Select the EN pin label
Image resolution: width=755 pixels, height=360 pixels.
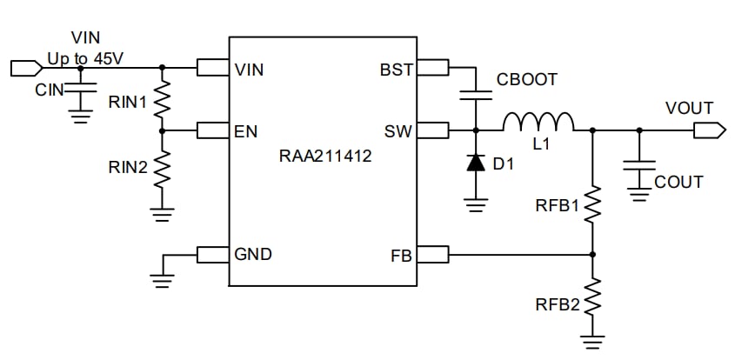(244, 132)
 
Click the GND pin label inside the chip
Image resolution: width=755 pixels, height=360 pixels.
(253, 255)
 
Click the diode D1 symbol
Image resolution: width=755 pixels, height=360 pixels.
(475, 163)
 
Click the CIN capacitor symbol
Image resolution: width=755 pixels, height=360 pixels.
(81, 88)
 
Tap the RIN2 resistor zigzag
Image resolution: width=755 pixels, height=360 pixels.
(161, 170)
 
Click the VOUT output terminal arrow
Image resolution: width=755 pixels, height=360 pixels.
(710, 131)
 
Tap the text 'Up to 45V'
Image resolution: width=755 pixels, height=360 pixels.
(84, 58)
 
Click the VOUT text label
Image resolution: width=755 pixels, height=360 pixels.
(689, 109)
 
